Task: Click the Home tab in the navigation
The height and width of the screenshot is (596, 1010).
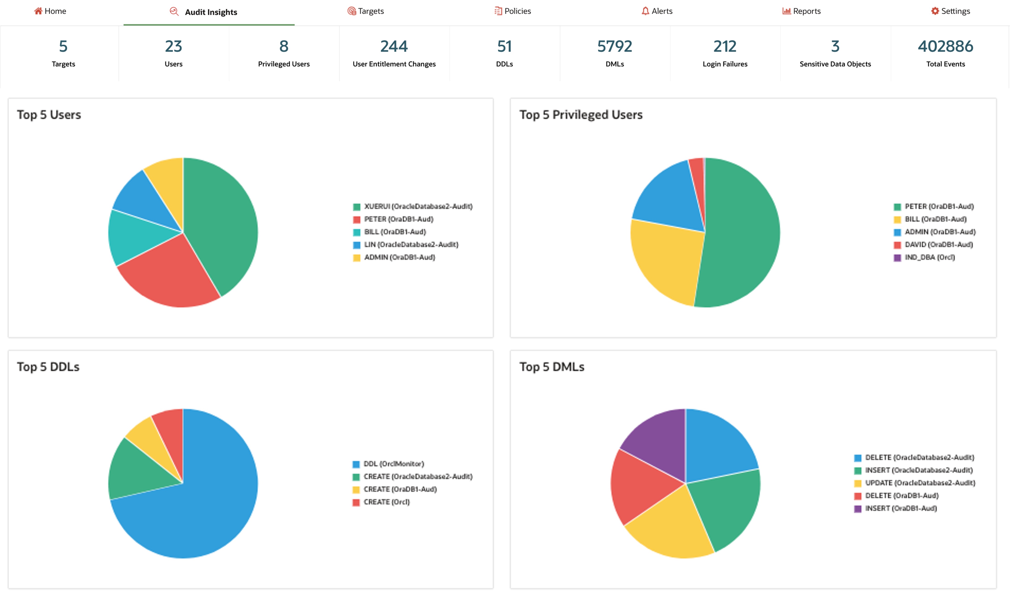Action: point(50,11)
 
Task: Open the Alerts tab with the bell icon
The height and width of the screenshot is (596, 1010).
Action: point(657,11)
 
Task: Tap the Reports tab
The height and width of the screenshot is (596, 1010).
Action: point(801,11)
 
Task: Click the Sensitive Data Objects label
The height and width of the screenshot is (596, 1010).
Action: point(835,64)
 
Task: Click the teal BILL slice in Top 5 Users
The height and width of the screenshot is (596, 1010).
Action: point(135,237)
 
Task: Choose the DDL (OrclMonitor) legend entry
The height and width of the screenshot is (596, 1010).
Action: point(393,464)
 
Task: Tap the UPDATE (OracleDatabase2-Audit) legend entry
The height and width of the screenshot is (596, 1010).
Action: point(919,483)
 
